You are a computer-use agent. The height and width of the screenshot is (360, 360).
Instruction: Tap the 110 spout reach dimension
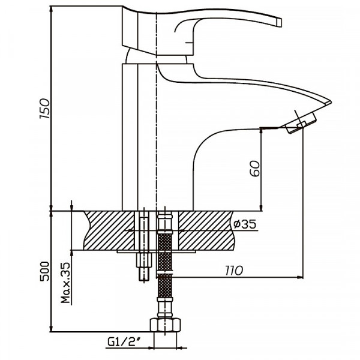(x=234, y=271)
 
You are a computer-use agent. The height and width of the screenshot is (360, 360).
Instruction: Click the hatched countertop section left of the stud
(x=108, y=231)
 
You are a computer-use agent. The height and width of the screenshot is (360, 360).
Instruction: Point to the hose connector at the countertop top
(x=165, y=216)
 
